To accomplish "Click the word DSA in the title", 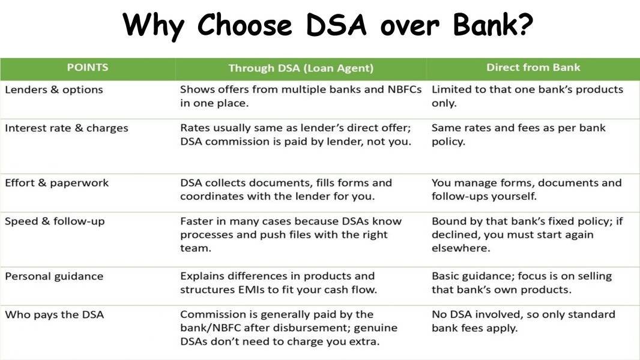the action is pyautogui.click(x=336, y=25).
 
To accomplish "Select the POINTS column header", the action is pyautogui.click(x=88, y=67).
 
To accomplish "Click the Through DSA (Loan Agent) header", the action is pyautogui.click(x=301, y=68).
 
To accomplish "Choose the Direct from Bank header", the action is pyautogui.click(x=533, y=67).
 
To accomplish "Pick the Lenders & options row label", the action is pyautogui.click(x=54, y=89).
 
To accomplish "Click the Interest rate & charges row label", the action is pyautogui.click(x=67, y=128).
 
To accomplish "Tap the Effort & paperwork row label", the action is pyautogui.click(x=56, y=183).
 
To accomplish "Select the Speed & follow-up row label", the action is pyautogui.click(x=55, y=221).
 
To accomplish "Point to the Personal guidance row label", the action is pyautogui.click(x=54, y=277).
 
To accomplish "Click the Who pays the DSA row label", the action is pyautogui.click(x=54, y=315).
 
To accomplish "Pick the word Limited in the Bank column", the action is pyautogui.click(x=448, y=89).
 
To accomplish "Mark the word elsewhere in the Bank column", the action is pyautogui.click(x=461, y=248).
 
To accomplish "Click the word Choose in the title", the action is pyautogui.click(x=244, y=25).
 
